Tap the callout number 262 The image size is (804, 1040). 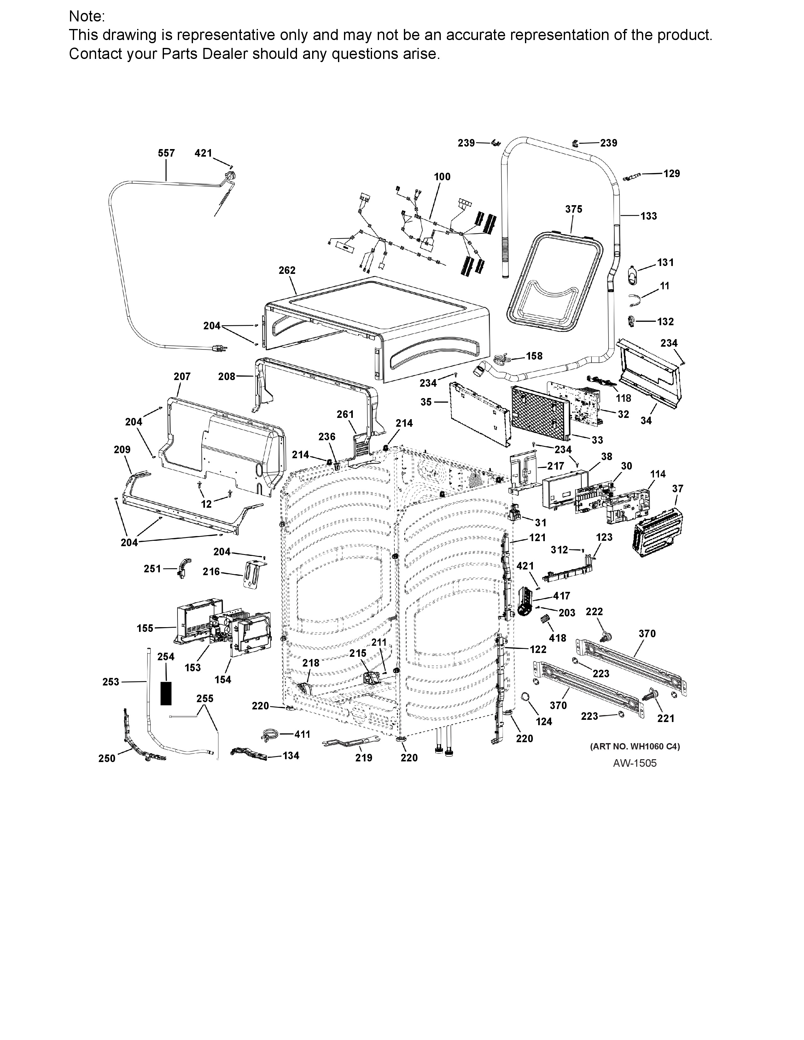(x=287, y=270)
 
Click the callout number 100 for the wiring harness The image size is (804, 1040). (x=442, y=177)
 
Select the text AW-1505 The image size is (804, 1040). (x=634, y=763)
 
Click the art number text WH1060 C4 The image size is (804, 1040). (x=635, y=746)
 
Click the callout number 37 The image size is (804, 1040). (x=678, y=488)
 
